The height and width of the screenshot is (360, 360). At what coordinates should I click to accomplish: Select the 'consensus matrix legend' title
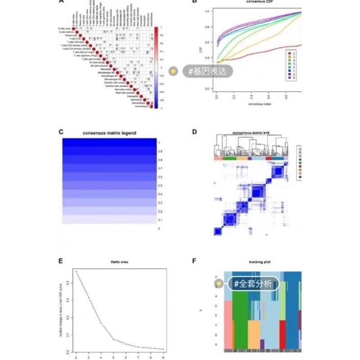click(109, 133)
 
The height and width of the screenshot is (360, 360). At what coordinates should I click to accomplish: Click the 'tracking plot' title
click(256, 261)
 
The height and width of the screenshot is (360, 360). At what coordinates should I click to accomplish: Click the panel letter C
click(61, 132)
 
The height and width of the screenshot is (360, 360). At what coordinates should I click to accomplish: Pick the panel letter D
click(194, 132)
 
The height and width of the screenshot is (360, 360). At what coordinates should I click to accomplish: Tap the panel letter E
click(61, 261)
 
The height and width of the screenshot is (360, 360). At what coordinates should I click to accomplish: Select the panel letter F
click(194, 261)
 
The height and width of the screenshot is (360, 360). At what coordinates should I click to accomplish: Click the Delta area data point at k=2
click(76, 271)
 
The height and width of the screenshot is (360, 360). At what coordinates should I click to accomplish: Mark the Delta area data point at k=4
click(101, 323)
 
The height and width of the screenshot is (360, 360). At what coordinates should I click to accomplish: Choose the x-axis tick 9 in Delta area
click(163, 357)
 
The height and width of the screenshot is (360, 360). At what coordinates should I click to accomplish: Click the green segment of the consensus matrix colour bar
click(230, 158)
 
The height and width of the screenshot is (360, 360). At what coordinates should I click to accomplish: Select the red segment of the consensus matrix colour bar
click(269, 158)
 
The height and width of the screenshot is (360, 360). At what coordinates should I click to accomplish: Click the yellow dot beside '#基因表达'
click(173, 71)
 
